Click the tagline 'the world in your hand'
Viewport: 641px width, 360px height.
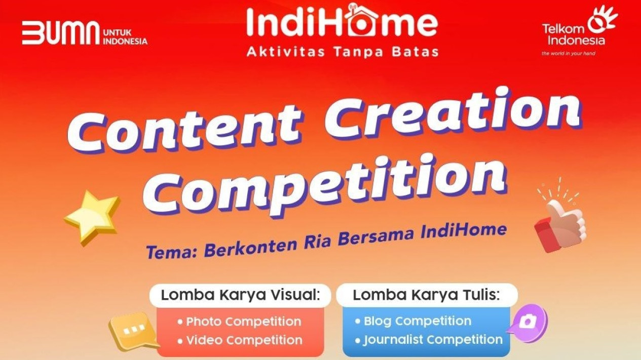point(569,54)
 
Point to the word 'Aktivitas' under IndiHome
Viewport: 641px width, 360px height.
point(286,52)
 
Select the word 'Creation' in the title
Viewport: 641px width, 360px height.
point(453,112)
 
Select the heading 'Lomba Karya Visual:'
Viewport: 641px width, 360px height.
point(240,295)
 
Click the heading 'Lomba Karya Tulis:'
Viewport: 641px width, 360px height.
point(426,295)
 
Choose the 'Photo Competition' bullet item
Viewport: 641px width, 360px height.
point(240,322)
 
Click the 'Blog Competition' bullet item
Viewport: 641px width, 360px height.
point(413,322)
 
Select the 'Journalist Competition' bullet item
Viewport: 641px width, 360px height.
point(429,340)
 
